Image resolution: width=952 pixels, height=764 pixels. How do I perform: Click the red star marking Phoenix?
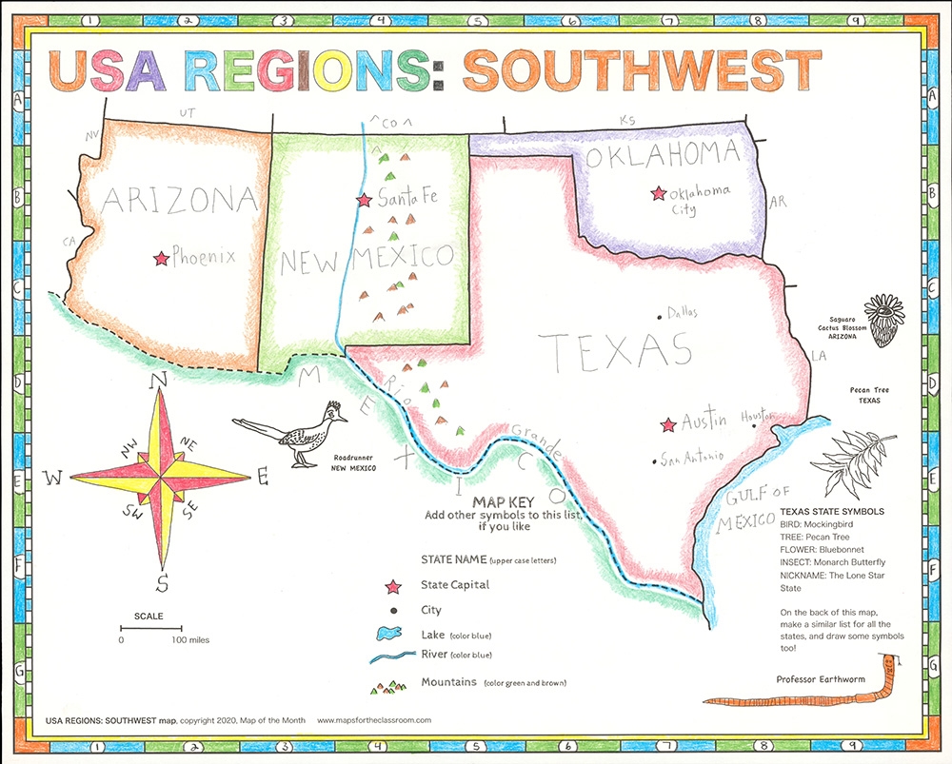point(161,258)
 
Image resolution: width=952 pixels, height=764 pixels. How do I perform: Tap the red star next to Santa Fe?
point(363,201)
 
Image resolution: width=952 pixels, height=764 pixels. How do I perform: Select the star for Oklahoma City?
point(657,193)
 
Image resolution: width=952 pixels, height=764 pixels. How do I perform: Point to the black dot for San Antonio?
point(653,462)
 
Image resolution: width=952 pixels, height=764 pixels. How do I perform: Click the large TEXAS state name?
point(614,350)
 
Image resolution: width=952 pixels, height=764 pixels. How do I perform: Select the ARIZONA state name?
point(180,201)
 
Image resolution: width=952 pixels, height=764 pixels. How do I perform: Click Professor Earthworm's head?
point(891,662)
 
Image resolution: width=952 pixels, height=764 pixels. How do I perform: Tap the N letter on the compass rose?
point(160,382)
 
